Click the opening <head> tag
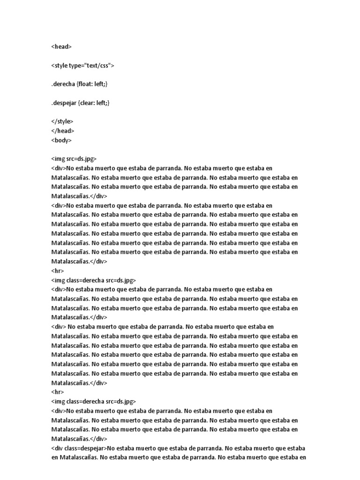point(61,46)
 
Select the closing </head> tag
point(63,131)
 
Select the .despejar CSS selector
point(64,103)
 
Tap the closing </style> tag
point(62,121)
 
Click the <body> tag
point(61,140)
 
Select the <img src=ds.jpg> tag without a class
point(74,159)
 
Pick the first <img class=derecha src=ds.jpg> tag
point(93,280)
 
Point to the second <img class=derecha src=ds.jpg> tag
point(93,401)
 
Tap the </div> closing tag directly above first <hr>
point(98,262)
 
